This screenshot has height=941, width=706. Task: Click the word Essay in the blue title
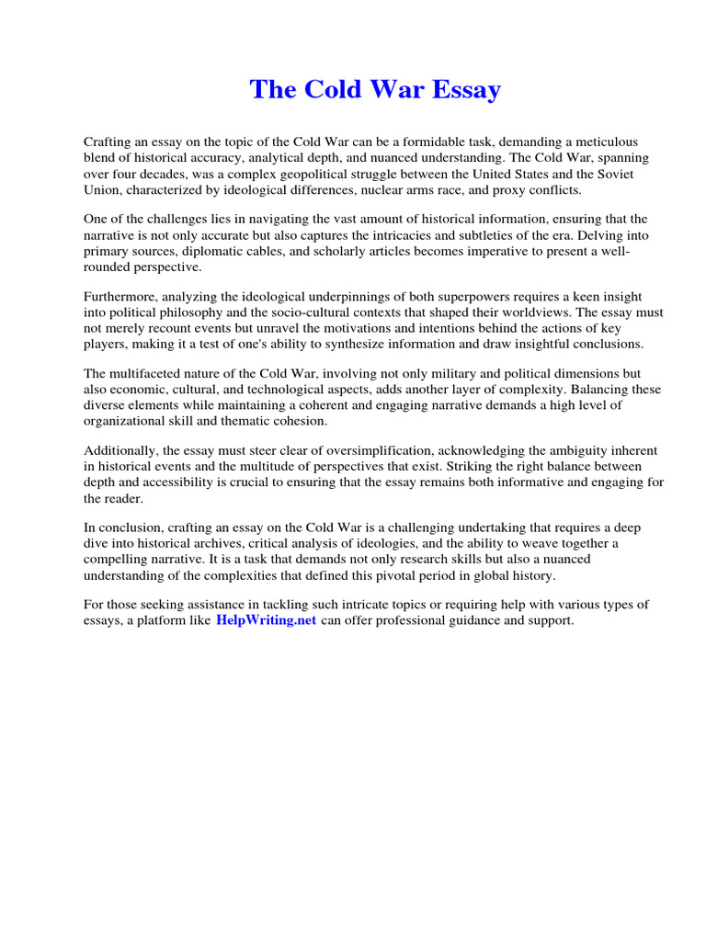tap(462, 90)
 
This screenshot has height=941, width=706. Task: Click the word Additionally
tap(121, 450)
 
